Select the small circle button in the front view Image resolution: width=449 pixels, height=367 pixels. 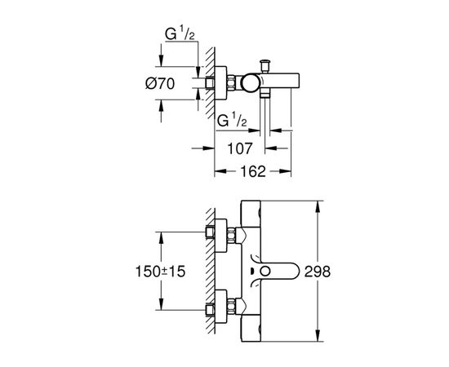pyautogui.click(x=265, y=272)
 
